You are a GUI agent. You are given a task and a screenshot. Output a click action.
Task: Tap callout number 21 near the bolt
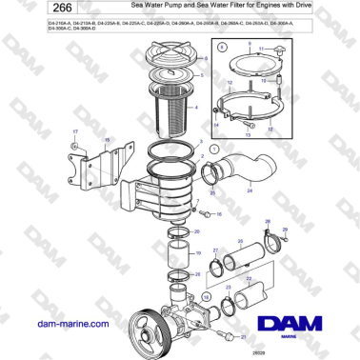click(x=243, y=336)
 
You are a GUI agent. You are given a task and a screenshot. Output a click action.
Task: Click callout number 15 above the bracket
click(x=107, y=141)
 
